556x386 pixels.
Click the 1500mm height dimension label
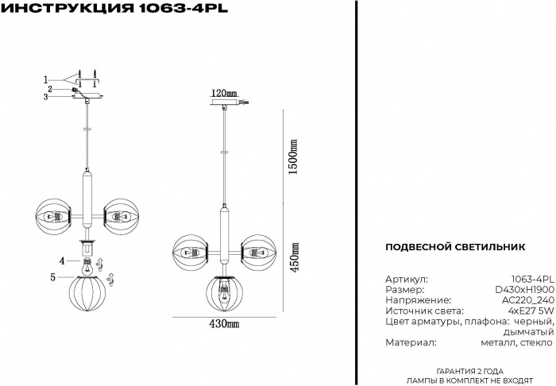click(x=293, y=156)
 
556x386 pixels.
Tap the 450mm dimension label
click(x=294, y=257)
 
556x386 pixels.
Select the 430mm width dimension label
click(x=224, y=323)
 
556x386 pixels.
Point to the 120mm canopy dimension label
click(x=224, y=93)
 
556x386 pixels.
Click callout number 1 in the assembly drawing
click(x=46, y=79)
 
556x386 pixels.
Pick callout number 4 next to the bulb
click(x=63, y=261)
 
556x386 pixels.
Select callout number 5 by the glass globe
click(x=53, y=277)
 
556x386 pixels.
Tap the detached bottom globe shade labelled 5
click(x=87, y=294)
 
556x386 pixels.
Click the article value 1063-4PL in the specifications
click(x=532, y=279)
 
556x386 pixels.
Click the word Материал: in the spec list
click(x=411, y=343)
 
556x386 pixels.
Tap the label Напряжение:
click(x=418, y=300)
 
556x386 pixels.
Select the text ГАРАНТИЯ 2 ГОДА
click(x=469, y=372)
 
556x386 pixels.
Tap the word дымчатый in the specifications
click(x=528, y=333)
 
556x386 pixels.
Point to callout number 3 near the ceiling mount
click(x=46, y=97)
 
